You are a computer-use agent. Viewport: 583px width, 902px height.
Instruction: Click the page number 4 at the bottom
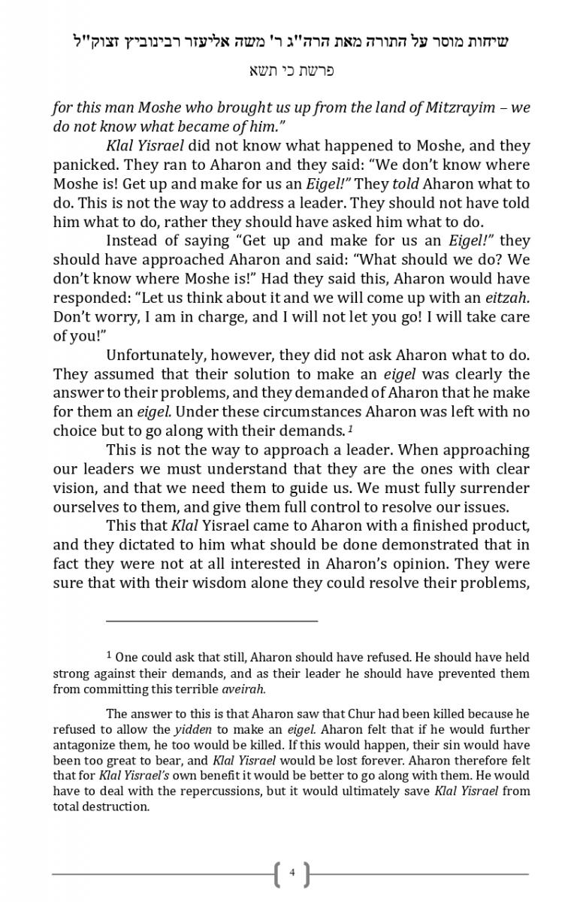292,873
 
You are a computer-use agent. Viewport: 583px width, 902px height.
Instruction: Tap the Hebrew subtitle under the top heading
291,71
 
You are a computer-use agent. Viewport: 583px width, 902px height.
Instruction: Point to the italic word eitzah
504,298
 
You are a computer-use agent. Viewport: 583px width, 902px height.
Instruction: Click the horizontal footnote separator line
212,621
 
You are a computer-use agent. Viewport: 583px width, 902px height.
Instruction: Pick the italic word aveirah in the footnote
243,689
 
